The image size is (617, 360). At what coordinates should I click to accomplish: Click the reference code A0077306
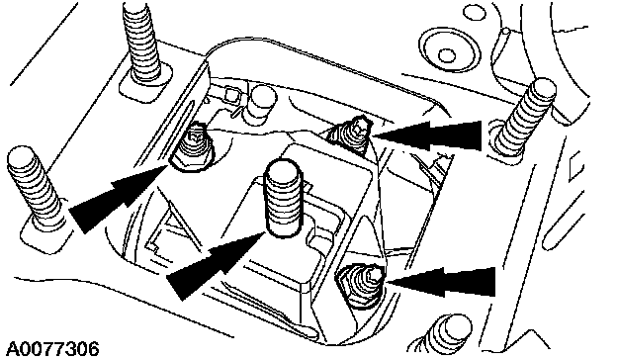tap(52, 349)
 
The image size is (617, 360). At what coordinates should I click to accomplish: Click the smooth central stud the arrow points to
tap(284, 198)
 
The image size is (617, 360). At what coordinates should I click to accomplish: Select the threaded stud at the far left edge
tap(35, 188)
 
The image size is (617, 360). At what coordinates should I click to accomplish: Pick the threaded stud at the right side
tap(524, 117)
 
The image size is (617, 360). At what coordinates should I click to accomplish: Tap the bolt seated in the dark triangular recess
tap(353, 133)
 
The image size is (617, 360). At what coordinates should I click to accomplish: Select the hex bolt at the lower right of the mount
tap(361, 286)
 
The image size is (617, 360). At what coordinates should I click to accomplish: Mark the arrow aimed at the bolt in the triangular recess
tap(426, 135)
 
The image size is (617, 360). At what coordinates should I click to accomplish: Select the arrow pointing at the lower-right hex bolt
tap(440, 282)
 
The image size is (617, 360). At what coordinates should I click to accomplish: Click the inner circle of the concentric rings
tap(446, 55)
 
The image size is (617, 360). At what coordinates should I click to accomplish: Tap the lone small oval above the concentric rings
tap(475, 12)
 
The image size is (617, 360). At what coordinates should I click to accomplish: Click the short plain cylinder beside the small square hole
tap(262, 104)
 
